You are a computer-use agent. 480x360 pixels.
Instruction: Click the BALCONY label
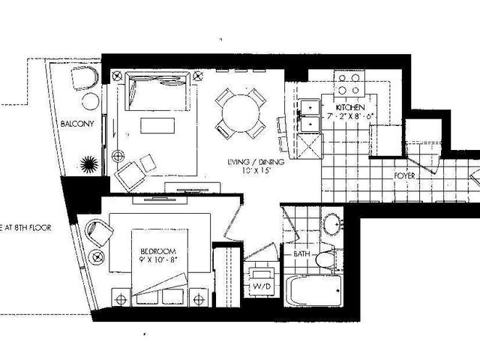click(78, 124)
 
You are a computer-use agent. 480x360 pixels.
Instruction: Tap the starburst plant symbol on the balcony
click(88, 163)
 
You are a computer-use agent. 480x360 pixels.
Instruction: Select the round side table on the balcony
click(91, 100)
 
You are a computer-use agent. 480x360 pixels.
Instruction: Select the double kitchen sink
click(308, 115)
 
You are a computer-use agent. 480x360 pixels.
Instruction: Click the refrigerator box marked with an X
click(307, 144)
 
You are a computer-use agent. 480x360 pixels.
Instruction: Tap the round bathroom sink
click(333, 226)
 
